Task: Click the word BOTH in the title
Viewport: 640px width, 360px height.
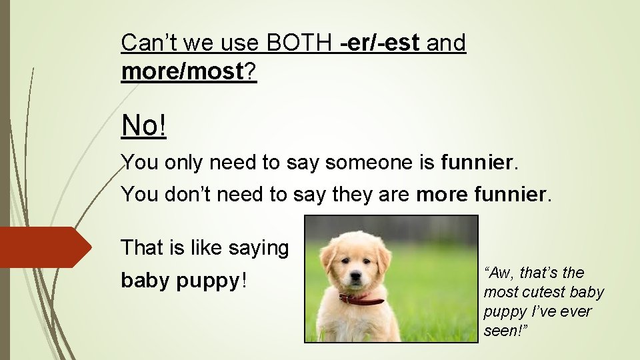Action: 301,44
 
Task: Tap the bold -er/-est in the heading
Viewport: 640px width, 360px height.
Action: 380,44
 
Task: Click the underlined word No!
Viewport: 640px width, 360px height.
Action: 143,125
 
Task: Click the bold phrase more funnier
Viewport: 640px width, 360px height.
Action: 480,195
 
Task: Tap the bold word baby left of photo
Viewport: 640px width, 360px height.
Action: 145,281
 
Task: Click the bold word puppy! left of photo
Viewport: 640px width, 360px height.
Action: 212,282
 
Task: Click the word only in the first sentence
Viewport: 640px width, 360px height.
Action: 181,163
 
